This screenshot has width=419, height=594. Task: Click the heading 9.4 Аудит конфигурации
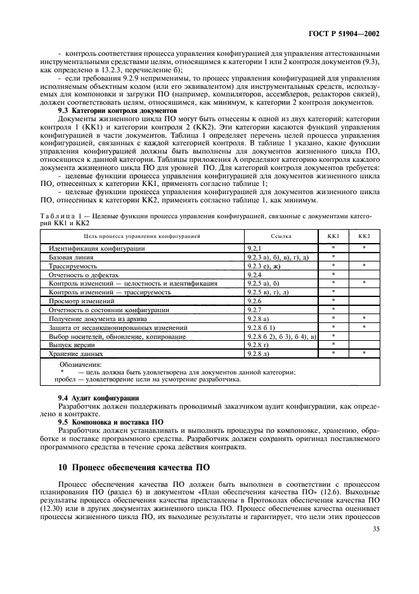98,397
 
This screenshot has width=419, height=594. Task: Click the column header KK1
333,236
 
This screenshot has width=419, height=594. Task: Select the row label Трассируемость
74,266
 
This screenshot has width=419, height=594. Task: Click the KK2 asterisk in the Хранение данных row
364,353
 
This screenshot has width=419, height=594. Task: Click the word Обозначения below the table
81,365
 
